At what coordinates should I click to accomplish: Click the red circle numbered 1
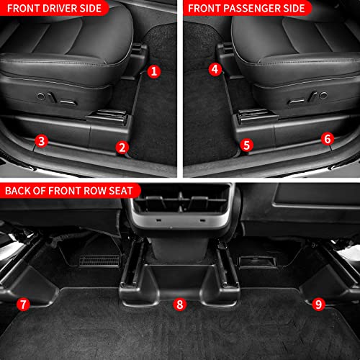click(x=154, y=71)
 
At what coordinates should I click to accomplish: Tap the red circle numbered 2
click(x=122, y=148)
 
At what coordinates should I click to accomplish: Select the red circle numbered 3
click(x=41, y=141)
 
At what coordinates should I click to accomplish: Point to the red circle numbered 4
click(x=215, y=69)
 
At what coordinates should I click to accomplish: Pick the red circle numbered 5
click(x=246, y=145)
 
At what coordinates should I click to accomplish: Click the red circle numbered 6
click(x=328, y=139)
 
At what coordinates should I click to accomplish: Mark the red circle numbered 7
click(x=23, y=305)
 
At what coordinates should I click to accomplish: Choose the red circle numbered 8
click(x=180, y=305)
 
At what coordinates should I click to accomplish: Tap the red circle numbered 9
click(x=318, y=305)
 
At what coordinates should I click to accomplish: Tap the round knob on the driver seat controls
click(x=41, y=96)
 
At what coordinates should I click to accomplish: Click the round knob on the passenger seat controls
click(x=323, y=95)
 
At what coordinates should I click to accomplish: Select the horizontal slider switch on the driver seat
click(x=68, y=103)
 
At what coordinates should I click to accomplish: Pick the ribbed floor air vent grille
click(x=99, y=261)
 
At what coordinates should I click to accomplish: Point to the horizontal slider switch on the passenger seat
click(x=296, y=102)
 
